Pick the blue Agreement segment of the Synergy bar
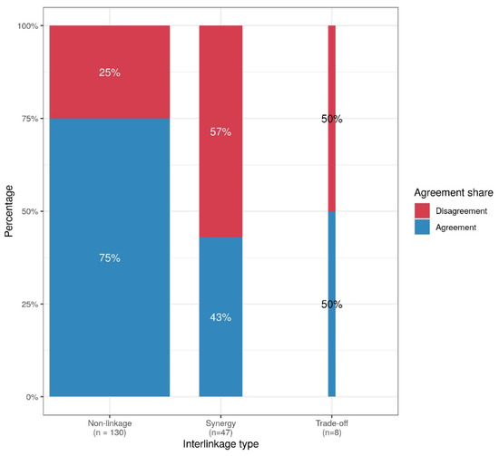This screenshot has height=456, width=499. point(220,354)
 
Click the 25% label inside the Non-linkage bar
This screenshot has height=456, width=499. point(109,72)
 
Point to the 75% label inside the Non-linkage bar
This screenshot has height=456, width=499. point(109,258)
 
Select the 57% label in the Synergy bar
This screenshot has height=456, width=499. point(220,132)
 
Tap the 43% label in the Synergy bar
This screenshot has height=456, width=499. point(220,317)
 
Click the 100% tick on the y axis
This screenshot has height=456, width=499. point(26,26)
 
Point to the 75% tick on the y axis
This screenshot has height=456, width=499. point(28,119)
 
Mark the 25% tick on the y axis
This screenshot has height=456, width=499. point(28,305)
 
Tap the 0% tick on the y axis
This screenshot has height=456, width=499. point(31,397)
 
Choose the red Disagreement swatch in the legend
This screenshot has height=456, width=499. point(423,210)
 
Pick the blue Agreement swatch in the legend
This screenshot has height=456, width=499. point(423,227)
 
